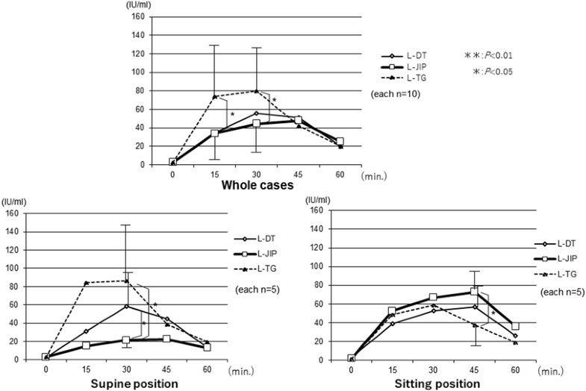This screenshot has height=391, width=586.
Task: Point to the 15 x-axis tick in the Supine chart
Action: [x=86, y=369]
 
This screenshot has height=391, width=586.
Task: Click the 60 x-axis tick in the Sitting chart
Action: [x=514, y=369]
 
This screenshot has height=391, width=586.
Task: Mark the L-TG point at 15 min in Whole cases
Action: [x=214, y=96]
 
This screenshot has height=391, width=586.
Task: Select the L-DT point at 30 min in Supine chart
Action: [x=126, y=306]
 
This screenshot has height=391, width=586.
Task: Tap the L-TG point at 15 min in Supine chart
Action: [x=86, y=283]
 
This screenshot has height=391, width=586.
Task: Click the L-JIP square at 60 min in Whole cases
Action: [x=340, y=141]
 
